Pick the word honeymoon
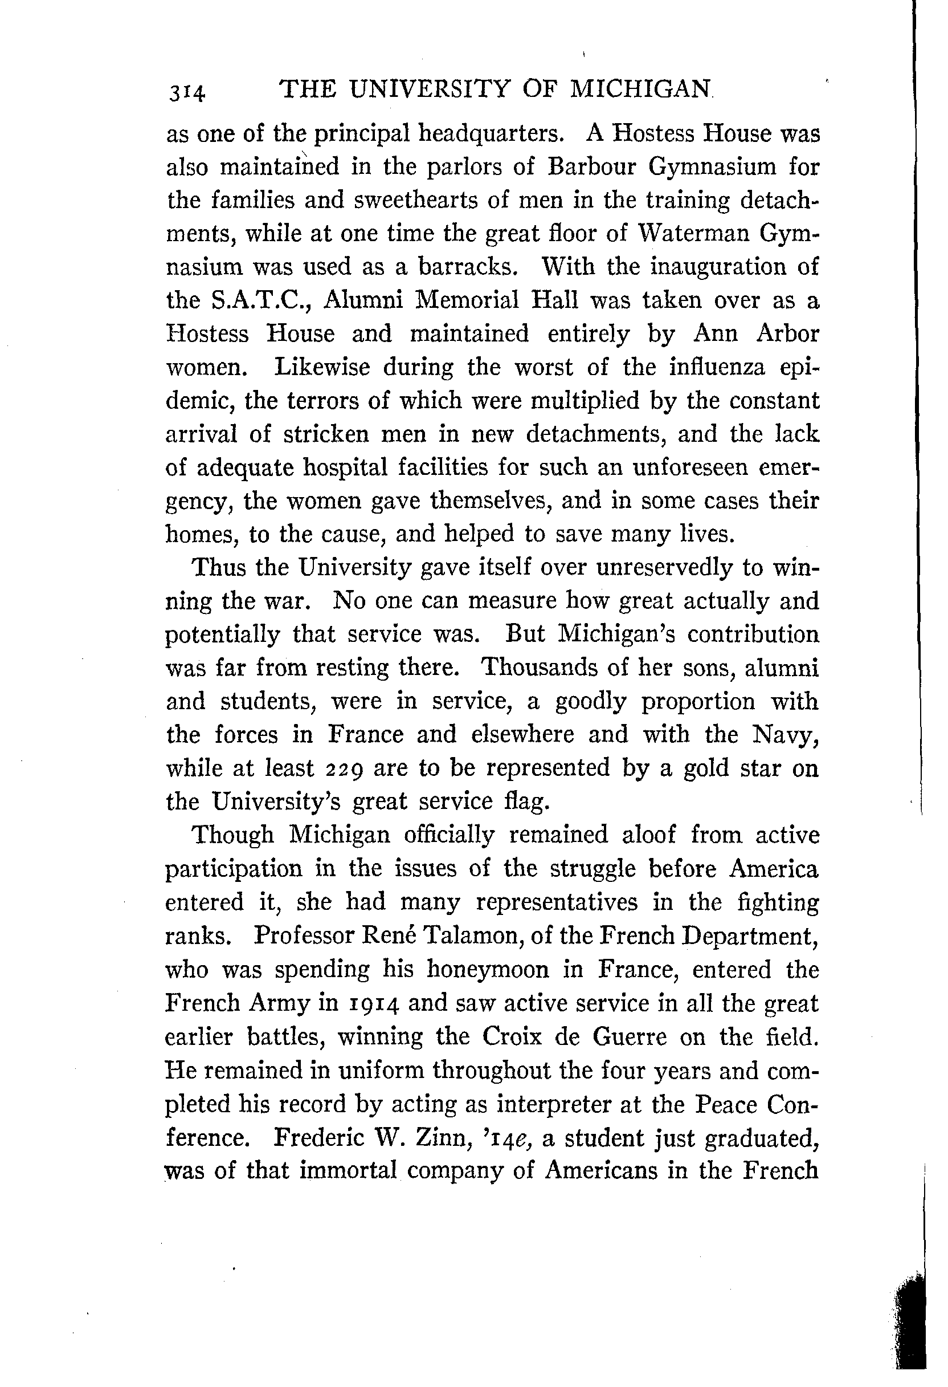[488, 969]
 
